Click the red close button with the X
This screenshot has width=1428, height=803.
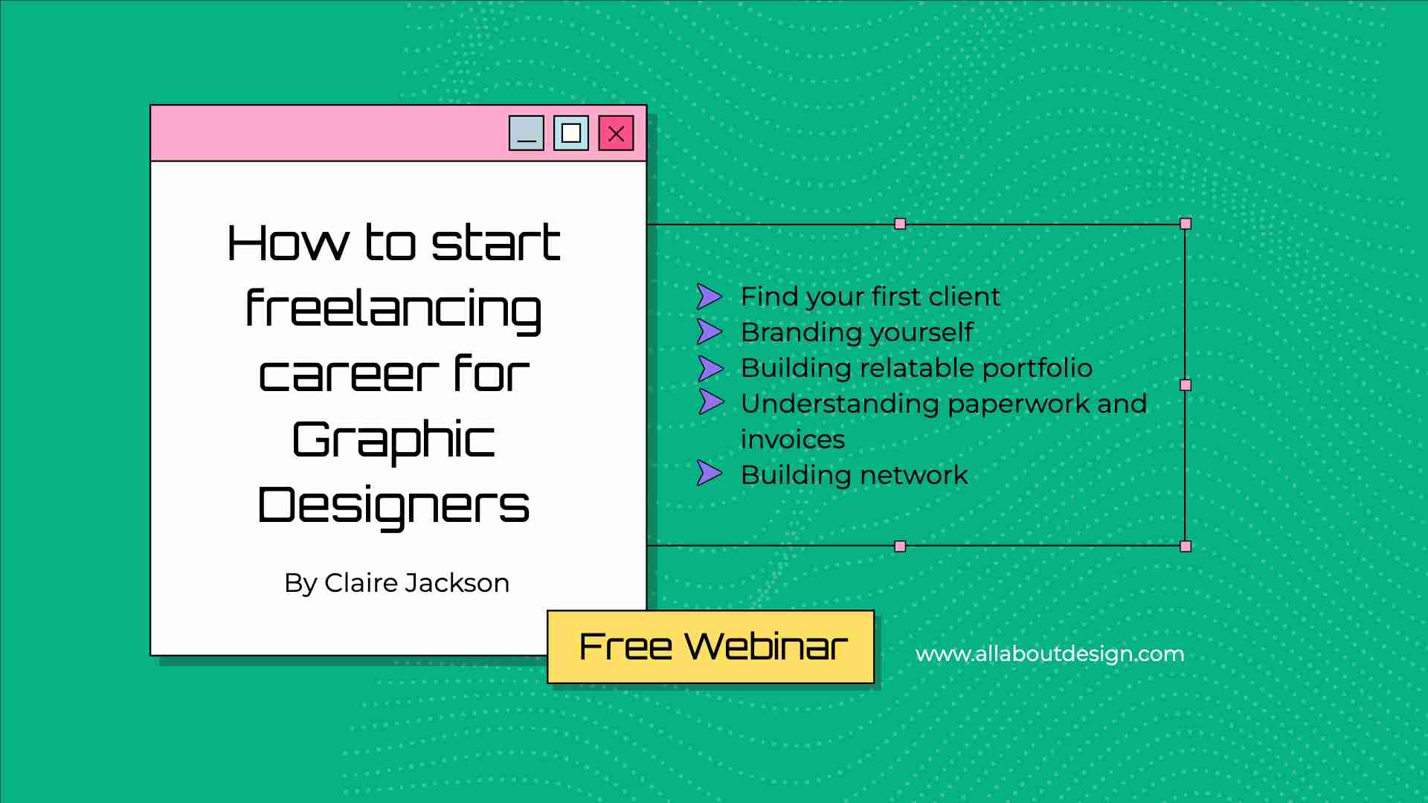[x=616, y=133]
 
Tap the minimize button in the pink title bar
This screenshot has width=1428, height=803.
[x=527, y=133]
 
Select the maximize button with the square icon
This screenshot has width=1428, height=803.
[x=571, y=133]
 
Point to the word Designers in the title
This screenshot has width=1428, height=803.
[x=393, y=505]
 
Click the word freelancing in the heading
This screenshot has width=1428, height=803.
[x=393, y=311]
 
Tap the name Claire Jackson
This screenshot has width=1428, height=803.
[x=416, y=583]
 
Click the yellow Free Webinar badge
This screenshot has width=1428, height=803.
[x=711, y=647]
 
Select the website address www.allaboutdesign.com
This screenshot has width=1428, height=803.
[x=1049, y=654]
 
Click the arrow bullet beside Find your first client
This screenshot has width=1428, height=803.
[x=709, y=297]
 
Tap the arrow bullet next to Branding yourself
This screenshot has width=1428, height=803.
[x=709, y=332]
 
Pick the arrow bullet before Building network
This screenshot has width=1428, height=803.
[x=709, y=473]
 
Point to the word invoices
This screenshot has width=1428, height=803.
[x=793, y=439]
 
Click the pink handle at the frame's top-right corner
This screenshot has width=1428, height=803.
[x=1186, y=224]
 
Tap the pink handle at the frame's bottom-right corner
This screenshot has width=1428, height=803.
[x=1186, y=546]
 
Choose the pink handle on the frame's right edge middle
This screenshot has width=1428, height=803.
[x=1186, y=385]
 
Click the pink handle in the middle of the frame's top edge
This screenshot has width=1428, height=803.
[x=900, y=224]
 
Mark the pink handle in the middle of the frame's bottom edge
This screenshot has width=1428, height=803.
[x=900, y=546]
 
